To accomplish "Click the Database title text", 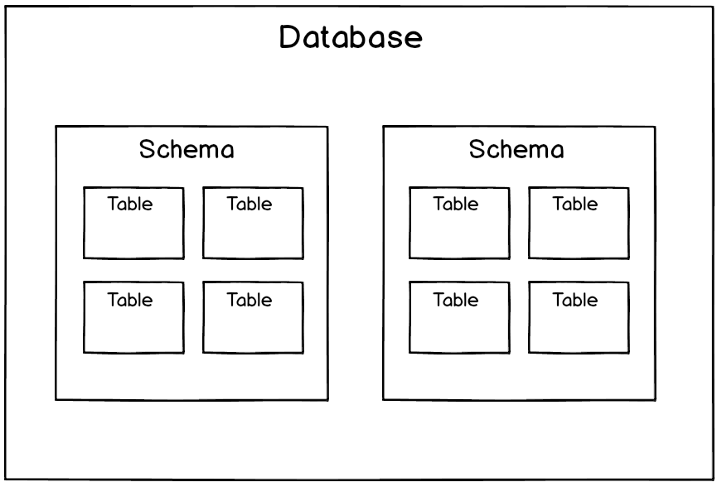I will pos(351,38).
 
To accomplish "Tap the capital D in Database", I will pos(289,38).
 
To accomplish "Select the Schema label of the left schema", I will pos(187,150).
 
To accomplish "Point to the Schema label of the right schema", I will pos(516,150).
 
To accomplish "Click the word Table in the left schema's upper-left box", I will pos(130,204).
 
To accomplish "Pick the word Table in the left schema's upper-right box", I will pos(250,204).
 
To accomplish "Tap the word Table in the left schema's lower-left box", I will pos(130,300).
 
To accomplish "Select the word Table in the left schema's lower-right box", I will pos(250,300).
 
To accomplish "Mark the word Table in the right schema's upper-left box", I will pos(456,204).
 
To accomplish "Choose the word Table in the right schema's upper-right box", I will pos(575,204).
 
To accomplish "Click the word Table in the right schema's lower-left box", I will pos(456,300).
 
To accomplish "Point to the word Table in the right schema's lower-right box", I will pos(575,300).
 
